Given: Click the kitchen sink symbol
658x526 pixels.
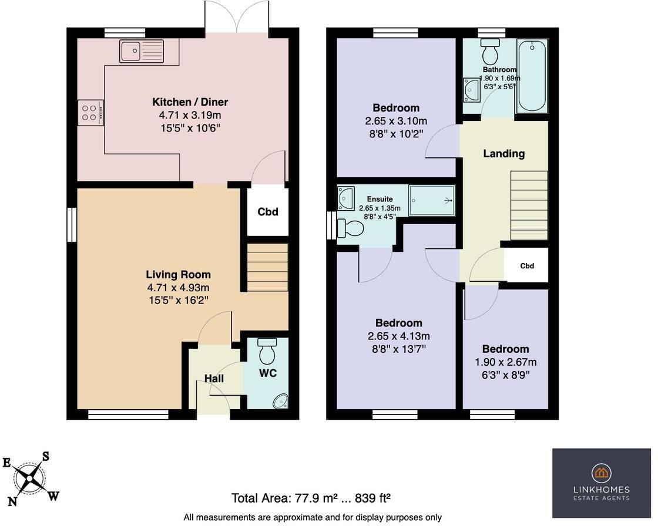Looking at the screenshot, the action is click(142, 51).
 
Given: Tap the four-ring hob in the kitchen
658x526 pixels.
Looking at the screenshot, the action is click(90, 112).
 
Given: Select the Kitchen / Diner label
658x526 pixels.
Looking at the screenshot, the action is click(190, 102).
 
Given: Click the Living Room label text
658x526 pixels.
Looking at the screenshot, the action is click(179, 275).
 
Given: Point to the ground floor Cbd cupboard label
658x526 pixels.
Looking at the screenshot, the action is click(268, 212).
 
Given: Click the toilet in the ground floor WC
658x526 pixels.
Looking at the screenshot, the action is click(267, 350).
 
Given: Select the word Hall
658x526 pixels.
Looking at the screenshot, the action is click(214, 378).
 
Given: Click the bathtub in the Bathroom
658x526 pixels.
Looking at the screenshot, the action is click(532, 76).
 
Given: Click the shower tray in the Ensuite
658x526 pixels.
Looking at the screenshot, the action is click(432, 201).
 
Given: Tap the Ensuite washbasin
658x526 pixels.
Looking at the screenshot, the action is click(346, 198).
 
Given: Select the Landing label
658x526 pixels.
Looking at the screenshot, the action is click(504, 154).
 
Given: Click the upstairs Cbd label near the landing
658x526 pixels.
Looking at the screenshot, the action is click(527, 265).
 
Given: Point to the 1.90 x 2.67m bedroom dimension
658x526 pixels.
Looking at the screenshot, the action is click(506, 362).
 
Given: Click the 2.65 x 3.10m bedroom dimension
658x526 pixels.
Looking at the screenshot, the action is click(396, 121).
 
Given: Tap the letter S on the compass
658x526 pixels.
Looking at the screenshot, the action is click(46, 456).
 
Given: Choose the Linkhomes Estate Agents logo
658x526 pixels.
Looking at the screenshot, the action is click(602, 483).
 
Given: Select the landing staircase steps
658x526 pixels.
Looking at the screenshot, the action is click(529, 205).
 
